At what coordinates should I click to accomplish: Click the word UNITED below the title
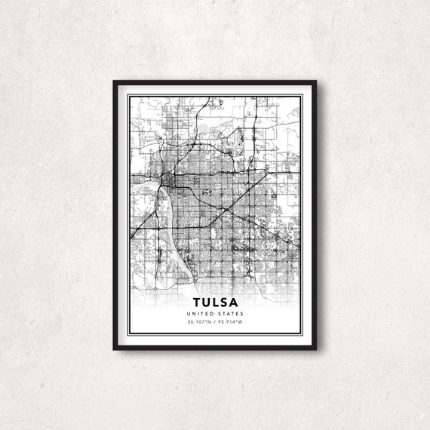click(204, 314)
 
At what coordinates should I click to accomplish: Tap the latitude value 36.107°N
click(201, 323)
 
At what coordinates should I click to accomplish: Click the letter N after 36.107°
click(211, 323)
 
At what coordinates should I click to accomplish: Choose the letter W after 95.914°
click(241, 323)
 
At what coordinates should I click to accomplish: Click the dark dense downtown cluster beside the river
click(168, 182)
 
